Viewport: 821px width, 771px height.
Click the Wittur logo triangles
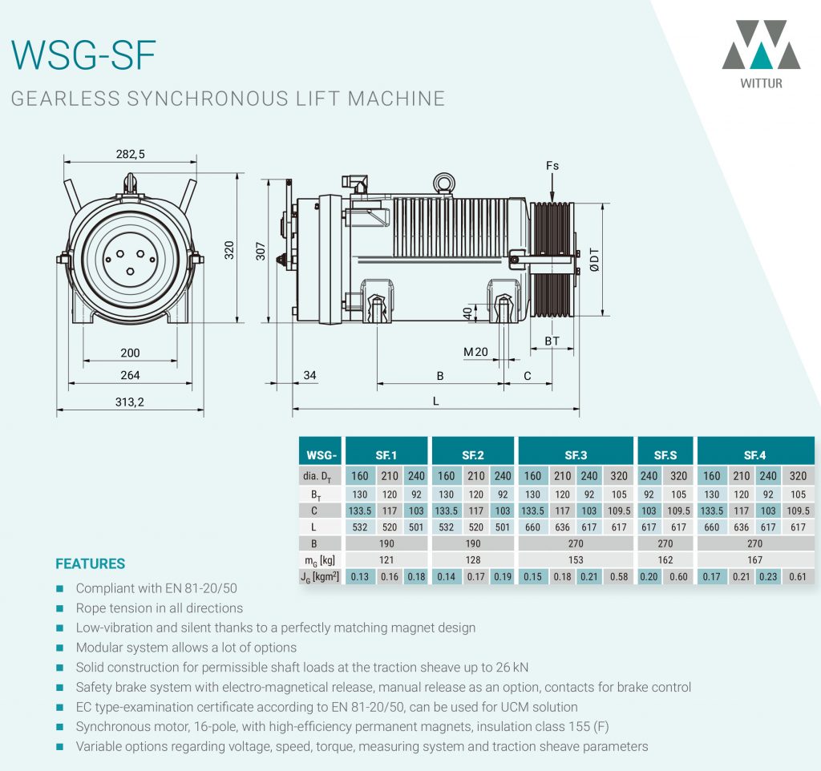(760, 46)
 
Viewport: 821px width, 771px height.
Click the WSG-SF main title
(83, 54)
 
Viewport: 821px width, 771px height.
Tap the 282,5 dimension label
(131, 154)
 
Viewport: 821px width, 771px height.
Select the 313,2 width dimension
(129, 402)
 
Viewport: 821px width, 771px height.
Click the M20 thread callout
(475, 352)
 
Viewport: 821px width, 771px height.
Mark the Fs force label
(552, 166)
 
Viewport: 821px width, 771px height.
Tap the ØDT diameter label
(595, 258)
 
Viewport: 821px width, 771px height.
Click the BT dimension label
(552, 341)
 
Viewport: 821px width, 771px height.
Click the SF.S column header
(665, 455)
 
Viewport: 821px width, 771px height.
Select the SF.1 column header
(386, 455)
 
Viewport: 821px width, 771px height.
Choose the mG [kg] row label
(320, 559)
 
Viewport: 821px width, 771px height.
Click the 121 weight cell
(386, 559)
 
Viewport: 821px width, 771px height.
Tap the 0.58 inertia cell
(620, 576)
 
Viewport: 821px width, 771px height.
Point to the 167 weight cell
(754, 559)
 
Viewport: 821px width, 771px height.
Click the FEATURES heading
(90, 563)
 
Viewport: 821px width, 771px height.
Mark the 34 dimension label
(310, 375)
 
